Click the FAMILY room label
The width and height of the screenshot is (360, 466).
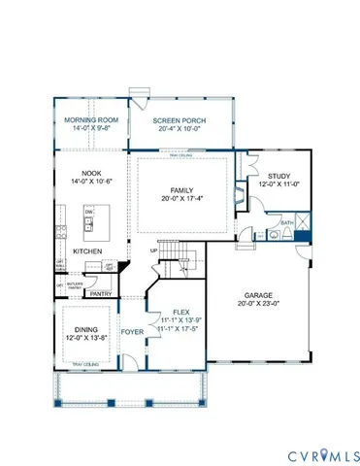pyautogui.click(x=180, y=191)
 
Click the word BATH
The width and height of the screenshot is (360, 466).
pyautogui.click(x=286, y=222)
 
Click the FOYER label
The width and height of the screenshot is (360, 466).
pyautogui.click(x=132, y=330)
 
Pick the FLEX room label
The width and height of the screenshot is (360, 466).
pyautogui.click(x=181, y=313)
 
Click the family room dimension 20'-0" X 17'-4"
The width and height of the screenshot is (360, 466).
pyautogui.click(x=180, y=200)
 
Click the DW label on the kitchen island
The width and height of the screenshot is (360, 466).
pyautogui.click(x=88, y=212)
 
